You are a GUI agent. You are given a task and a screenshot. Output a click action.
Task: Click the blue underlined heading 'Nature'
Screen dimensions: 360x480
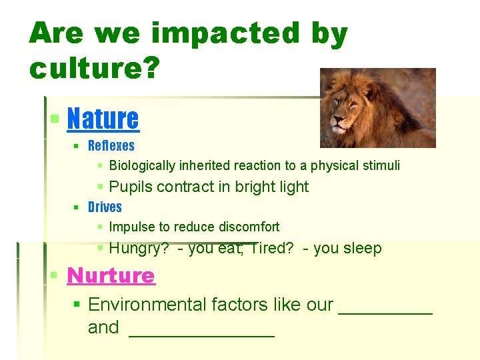pos(103,119)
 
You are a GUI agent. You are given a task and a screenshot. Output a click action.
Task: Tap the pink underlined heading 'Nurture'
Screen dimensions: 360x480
pos(111,275)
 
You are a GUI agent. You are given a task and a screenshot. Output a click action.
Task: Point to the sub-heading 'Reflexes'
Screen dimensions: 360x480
pos(111,146)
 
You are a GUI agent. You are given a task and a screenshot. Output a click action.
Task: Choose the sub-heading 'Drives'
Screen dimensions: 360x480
pos(105,207)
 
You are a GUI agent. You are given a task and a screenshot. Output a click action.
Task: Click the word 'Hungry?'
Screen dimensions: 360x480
pos(139,249)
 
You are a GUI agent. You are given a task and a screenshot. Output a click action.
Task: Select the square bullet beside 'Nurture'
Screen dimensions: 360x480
pos(55,276)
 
